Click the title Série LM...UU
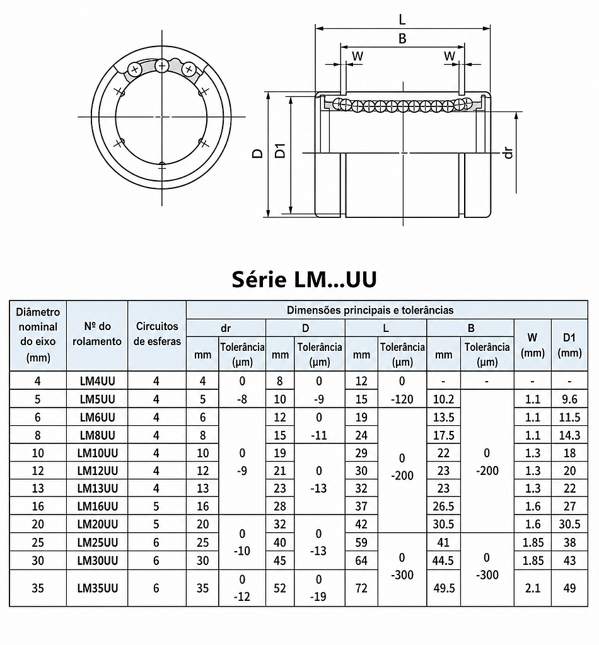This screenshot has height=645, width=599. point(304,279)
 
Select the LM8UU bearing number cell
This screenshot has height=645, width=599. point(97,435)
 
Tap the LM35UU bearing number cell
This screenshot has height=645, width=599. point(97,588)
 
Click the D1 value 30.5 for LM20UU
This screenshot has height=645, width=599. point(569,524)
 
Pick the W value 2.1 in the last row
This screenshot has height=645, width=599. point(532,588)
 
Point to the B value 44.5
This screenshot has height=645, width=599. point(443,560)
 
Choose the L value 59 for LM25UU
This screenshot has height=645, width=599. point(361,542)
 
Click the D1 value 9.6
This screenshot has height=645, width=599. point(569,399)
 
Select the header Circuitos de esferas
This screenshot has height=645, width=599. point(157,334)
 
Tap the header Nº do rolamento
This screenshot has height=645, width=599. point(97,334)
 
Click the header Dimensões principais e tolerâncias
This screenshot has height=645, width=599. point(370,310)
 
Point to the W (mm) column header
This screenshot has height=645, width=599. point(532,345)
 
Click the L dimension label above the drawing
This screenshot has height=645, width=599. point(402,19)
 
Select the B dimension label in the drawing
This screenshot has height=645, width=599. point(402,38)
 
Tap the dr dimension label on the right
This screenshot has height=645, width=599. point(509,152)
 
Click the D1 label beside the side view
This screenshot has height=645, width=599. point(281,151)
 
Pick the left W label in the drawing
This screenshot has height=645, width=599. point(358,56)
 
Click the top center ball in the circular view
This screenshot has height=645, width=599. point(162,66)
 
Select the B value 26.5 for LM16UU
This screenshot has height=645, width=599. point(443,506)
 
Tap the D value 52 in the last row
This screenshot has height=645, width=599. point(280,588)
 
